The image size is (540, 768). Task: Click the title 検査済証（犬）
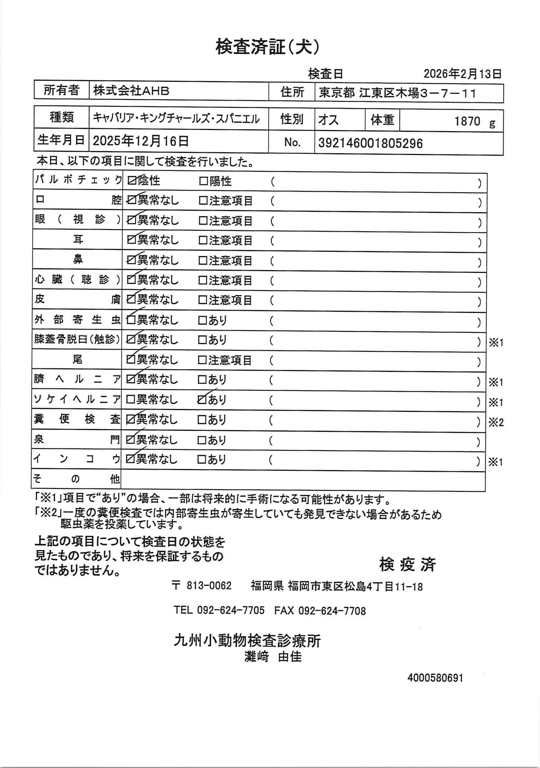point(267,47)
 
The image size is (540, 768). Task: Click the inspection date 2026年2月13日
point(462,74)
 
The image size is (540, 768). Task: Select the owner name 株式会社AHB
point(131,91)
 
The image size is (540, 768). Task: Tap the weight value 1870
point(467,121)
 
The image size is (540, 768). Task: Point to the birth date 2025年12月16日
point(141,141)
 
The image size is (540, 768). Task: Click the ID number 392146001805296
point(370,144)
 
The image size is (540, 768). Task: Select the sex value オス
point(328,120)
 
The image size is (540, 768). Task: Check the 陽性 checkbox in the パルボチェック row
point(203,181)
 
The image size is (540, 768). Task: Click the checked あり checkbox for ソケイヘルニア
point(202,400)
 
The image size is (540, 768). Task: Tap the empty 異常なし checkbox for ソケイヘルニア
point(130,400)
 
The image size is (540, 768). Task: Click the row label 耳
point(77,240)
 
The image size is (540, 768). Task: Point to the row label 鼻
point(77,259)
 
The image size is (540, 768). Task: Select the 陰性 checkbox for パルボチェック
point(131,181)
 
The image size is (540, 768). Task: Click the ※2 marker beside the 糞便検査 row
point(496,423)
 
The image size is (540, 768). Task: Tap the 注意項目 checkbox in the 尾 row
point(202,360)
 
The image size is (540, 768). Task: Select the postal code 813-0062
point(209,586)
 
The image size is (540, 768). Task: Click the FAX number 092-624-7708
point(332,611)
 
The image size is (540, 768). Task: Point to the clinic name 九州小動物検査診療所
point(247,641)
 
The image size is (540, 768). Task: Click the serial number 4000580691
point(435,678)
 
